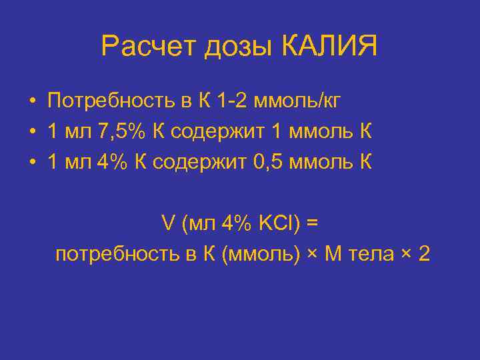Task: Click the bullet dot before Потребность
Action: tap(32, 102)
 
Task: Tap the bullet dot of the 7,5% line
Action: tap(32, 132)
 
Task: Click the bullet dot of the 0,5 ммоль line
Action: tap(32, 163)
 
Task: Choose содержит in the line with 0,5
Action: tap(199, 162)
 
